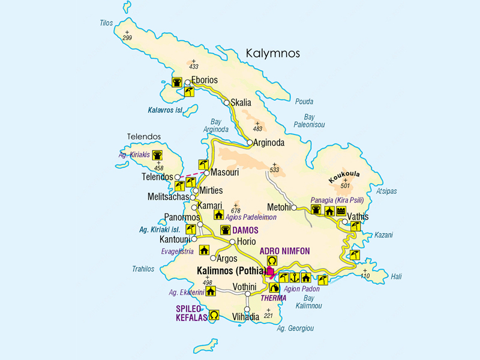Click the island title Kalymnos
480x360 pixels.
coord(272,54)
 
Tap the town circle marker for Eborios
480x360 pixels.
coord(188,82)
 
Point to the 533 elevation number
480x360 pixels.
coord(275,170)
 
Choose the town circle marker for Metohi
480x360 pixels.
coord(294,208)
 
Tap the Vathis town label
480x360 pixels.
coord(358,217)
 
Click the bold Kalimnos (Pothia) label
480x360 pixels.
coord(231,271)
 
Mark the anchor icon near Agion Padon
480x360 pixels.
coord(295,277)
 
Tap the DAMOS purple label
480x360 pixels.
coord(246,230)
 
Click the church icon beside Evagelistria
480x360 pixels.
coord(204,251)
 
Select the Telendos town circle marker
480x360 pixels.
coord(178,178)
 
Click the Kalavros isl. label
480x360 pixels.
coord(164,110)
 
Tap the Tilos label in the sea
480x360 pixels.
coord(106,23)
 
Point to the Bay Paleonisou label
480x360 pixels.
coord(309,121)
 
